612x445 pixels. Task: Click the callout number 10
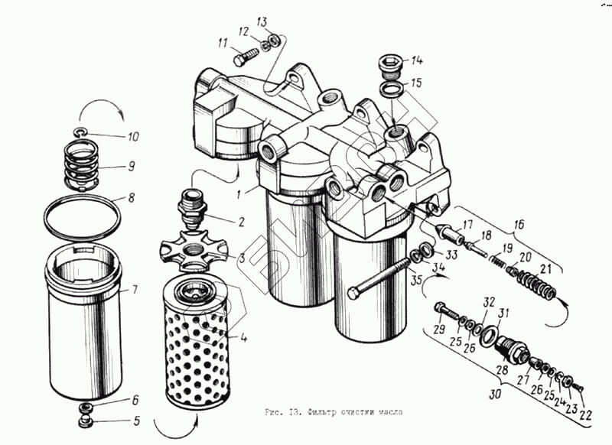pos(133,138)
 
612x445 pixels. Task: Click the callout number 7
pos(135,291)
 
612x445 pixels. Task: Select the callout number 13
pos(262,21)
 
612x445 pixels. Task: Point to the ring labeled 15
pos(391,91)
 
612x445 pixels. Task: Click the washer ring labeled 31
pos(489,333)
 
